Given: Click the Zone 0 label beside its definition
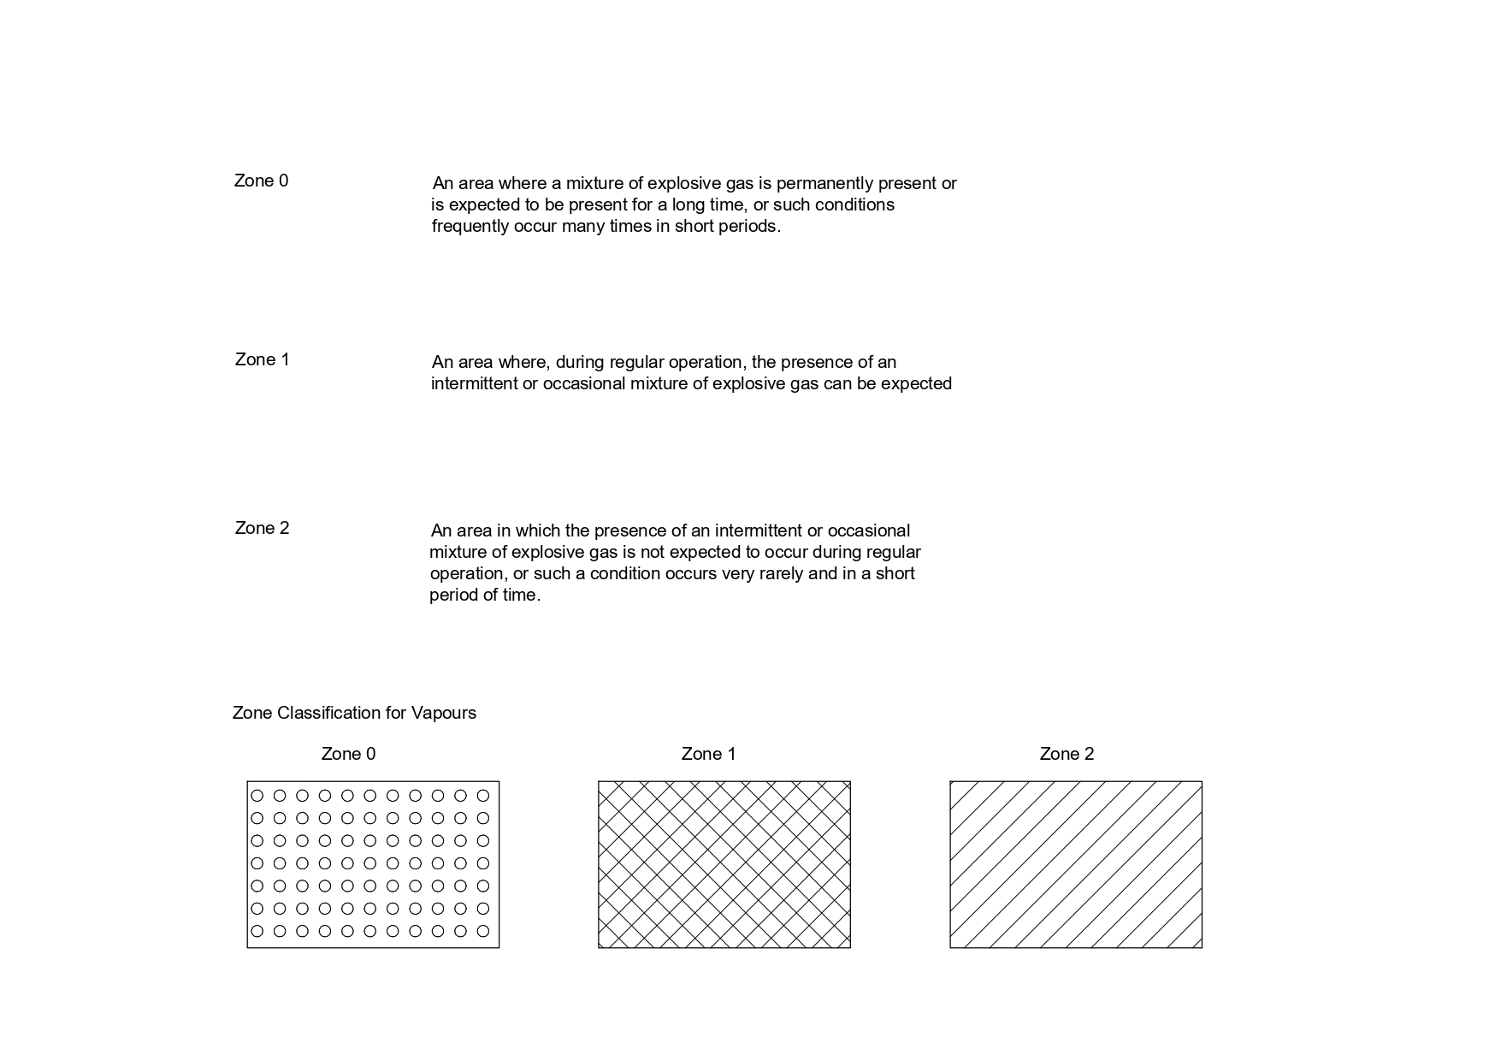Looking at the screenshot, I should click(261, 181).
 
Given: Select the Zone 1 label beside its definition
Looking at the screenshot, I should click(262, 359).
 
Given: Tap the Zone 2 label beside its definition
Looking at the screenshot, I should click(262, 528).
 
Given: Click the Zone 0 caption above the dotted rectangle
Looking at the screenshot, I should click(348, 754).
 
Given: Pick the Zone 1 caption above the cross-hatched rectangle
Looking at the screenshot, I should click(708, 754).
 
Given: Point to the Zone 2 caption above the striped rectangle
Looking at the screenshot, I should click(1067, 754).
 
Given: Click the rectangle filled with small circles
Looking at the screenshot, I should click(373, 864).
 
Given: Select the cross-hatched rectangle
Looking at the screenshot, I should click(724, 864).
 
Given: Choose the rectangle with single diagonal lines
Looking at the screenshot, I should click(1075, 864).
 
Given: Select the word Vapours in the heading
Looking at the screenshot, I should click(443, 713).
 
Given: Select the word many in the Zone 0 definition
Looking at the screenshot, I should click(582, 227).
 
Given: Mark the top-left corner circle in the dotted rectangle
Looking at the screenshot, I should click(257, 796).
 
